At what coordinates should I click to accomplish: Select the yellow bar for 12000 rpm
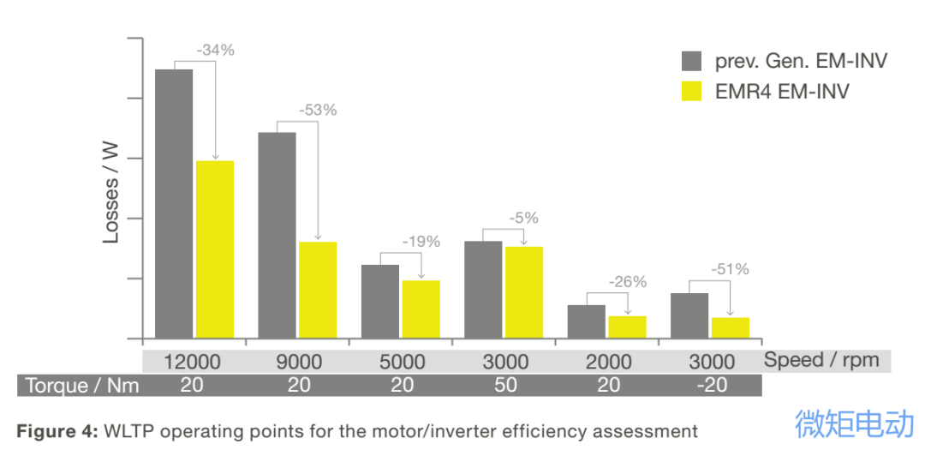point(215,249)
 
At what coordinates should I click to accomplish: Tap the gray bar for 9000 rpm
point(277,236)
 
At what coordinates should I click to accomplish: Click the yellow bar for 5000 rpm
point(421,309)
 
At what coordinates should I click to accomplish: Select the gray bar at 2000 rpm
point(587,321)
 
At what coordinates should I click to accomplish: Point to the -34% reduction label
point(215,51)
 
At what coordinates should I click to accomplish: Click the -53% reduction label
point(318,111)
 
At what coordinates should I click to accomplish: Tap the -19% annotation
point(421,242)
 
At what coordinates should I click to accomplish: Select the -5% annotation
point(523,219)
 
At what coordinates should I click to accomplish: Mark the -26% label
point(627,282)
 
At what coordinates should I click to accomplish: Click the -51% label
point(730,269)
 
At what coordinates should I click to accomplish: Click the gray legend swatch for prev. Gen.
point(692,61)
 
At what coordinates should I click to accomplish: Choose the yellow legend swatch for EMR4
point(692,91)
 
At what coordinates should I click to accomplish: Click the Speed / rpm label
point(821,360)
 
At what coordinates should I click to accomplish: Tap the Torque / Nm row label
point(82,386)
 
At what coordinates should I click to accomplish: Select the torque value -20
point(712,386)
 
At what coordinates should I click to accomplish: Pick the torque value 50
point(505,386)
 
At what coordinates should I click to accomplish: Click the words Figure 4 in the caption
point(57,431)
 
